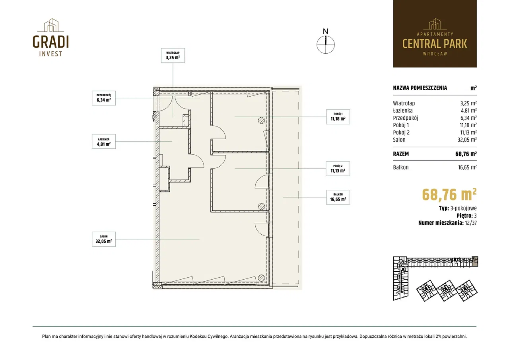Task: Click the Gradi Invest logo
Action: tap(51, 37)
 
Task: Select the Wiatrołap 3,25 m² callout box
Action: tap(173, 55)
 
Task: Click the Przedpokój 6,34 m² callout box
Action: tap(104, 98)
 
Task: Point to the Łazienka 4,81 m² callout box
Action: tap(104, 141)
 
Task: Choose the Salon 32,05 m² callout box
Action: tap(104, 239)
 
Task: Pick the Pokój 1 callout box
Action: tap(338, 117)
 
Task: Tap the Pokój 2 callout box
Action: tap(338, 169)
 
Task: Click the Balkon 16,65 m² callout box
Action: tap(338, 197)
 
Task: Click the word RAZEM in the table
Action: tap(401, 154)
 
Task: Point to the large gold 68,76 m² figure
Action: tap(449, 195)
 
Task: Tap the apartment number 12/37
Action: tap(471, 223)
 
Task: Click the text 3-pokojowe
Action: tap(464, 208)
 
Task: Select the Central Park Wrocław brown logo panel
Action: tap(435, 34)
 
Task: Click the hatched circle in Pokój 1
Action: tap(261, 121)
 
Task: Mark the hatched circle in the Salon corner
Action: tap(261, 278)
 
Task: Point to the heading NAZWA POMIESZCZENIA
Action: tap(420, 88)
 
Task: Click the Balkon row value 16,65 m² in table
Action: tap(467, 167)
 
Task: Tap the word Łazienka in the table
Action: tap(403, 111)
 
